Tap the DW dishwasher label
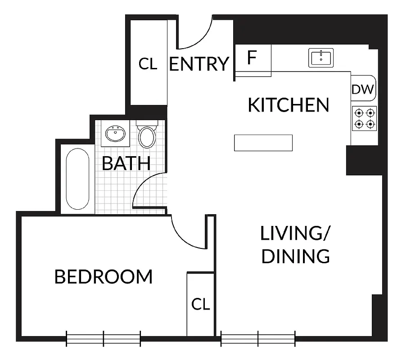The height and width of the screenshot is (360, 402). click(362, 90)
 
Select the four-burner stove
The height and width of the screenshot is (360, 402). click(364, 118)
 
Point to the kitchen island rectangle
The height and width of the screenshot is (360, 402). click(263, 143)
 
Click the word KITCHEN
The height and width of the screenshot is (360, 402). click(289, 105)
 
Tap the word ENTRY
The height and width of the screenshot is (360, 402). click(199, 64)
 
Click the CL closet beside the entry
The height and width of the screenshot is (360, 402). click(148, 64)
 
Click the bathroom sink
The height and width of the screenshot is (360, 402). click(115, 134)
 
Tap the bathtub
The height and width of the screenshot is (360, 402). click(77, 179)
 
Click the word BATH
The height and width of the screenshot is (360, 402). click(126, 163)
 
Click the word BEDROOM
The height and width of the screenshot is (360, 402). click(104, 276)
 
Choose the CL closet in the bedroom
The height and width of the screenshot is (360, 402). click(200, 305)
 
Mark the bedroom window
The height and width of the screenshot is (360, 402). click(104, 338)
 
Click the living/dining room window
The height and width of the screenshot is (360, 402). click(258, 338)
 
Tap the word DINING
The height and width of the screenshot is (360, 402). click(296, 256)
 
